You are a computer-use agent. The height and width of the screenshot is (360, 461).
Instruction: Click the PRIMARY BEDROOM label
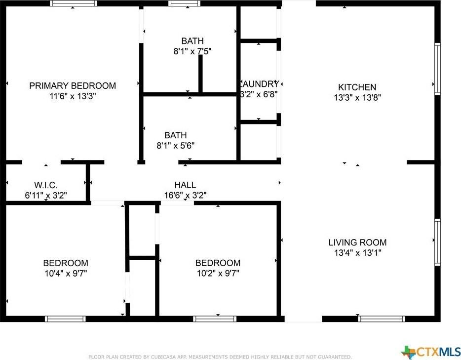[73, 86]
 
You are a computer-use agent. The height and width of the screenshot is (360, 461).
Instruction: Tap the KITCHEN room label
[357, 87]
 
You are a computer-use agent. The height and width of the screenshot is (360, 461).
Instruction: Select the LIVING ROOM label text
[357, 242]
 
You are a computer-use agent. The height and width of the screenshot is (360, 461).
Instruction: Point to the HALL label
[185, 185]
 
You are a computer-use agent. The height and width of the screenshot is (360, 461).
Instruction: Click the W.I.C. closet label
[46, 185]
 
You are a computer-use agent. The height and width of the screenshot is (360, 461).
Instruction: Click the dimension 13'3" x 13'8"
[357, 98]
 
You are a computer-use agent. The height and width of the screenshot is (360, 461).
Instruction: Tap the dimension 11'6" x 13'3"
[73, 96]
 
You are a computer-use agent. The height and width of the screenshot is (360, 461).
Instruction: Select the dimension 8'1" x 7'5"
[192, 51]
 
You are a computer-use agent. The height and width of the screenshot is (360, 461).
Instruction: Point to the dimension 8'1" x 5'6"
[176, 146]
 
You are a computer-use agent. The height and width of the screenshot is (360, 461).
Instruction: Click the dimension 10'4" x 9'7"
[66, 273]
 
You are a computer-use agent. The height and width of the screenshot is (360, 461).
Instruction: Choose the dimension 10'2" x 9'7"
[218, 273]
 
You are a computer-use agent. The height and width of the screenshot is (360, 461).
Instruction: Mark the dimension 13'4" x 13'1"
[357, 253]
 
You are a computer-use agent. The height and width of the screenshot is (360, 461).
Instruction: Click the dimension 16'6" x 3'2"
[185, 195]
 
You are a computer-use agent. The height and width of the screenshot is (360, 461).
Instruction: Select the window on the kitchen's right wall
[437, 69]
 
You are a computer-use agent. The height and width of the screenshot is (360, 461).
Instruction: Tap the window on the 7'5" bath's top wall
[184, 3]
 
